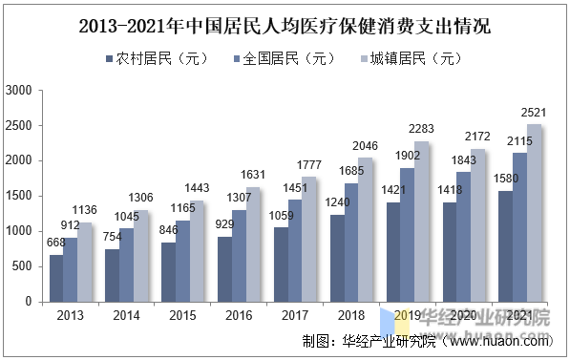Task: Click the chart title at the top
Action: (x=285, y=26)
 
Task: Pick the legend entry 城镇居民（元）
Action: (x=419, y=59)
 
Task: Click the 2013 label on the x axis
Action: (x=70, y=315)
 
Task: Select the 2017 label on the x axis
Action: (x=296, y=315)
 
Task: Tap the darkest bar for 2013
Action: (x=56, y=278)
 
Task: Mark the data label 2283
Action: (x=422, y=130)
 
